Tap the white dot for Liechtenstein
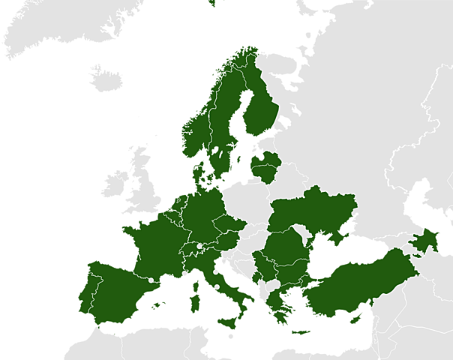pos(199,245)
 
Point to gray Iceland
pos(105,75)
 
